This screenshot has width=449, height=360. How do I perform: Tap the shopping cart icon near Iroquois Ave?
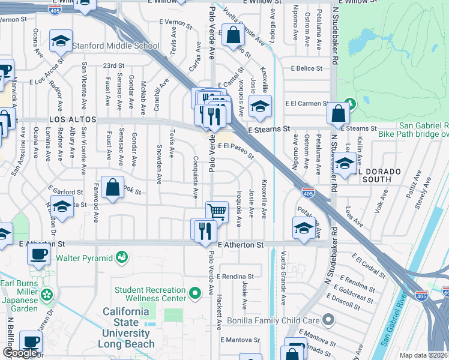click(x=217, y=211)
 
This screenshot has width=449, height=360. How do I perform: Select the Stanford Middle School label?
click(x=116, y=46)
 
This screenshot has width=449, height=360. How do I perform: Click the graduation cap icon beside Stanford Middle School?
click(x=60, y=41)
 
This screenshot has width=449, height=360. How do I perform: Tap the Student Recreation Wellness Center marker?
click(x=194, y=294)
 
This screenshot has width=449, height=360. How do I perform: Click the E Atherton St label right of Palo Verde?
click(x=241, y=245)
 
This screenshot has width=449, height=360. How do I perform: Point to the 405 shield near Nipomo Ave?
click(x=308, y=193)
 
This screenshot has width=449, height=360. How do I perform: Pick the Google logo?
click(x=20, y=353)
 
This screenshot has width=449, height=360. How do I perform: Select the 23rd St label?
click(x=113, y=65)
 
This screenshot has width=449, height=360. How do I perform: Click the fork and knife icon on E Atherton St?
click(x=203, y=230)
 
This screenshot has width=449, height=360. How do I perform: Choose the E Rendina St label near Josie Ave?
click(x=236, y=277)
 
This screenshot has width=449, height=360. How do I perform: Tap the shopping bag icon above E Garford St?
click(x=112, y=187)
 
